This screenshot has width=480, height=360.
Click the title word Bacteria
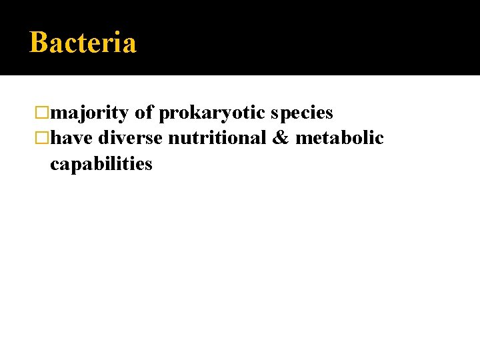point(83,43)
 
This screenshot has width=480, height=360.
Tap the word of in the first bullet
point(144,113)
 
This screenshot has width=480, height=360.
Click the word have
point(72,138)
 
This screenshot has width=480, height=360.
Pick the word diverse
point(131,138)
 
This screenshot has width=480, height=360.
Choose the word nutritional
point(217,138)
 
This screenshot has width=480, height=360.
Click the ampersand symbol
point(281,138)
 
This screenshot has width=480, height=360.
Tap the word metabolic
point(339,138)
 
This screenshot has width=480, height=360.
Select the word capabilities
point(101,163)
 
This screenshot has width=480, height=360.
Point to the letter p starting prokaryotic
point(164,115)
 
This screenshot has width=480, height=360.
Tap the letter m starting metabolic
point(303,139)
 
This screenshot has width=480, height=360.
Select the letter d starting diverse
point(104,138)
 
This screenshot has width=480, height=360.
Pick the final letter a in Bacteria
point(129,45)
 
